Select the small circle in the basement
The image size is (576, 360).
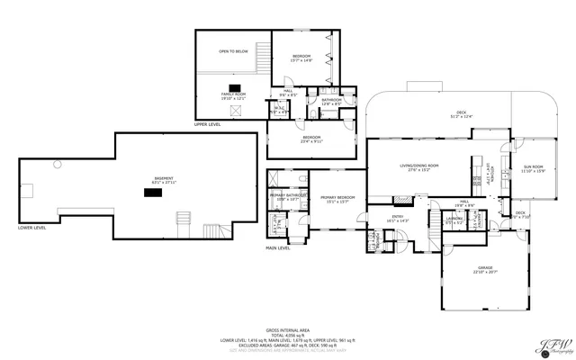pyautogui.click(x=57, y=163)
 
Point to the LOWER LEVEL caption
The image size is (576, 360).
pyautogui.click(x=32, y=228)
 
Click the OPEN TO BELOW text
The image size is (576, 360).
pyautogui.click(x=233, y=51)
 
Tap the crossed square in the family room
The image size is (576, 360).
pyautogui.click(x=237, y=111)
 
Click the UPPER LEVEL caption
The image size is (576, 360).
pyautogui.click(x=208, y=124)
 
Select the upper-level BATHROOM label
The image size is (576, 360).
pyautogui.click(x=332, y=101)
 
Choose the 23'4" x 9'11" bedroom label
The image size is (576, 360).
pyautogui.click(x=312, y=139)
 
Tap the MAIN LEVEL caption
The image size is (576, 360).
pyautogui.click(x=277, y=247)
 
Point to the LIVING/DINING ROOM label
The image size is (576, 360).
pyautogui.click(x=419, y=167)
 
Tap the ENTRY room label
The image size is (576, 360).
pyautogui.click(x=398, y=218)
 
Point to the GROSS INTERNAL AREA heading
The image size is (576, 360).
pyautogui.click(x=288, y=329)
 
